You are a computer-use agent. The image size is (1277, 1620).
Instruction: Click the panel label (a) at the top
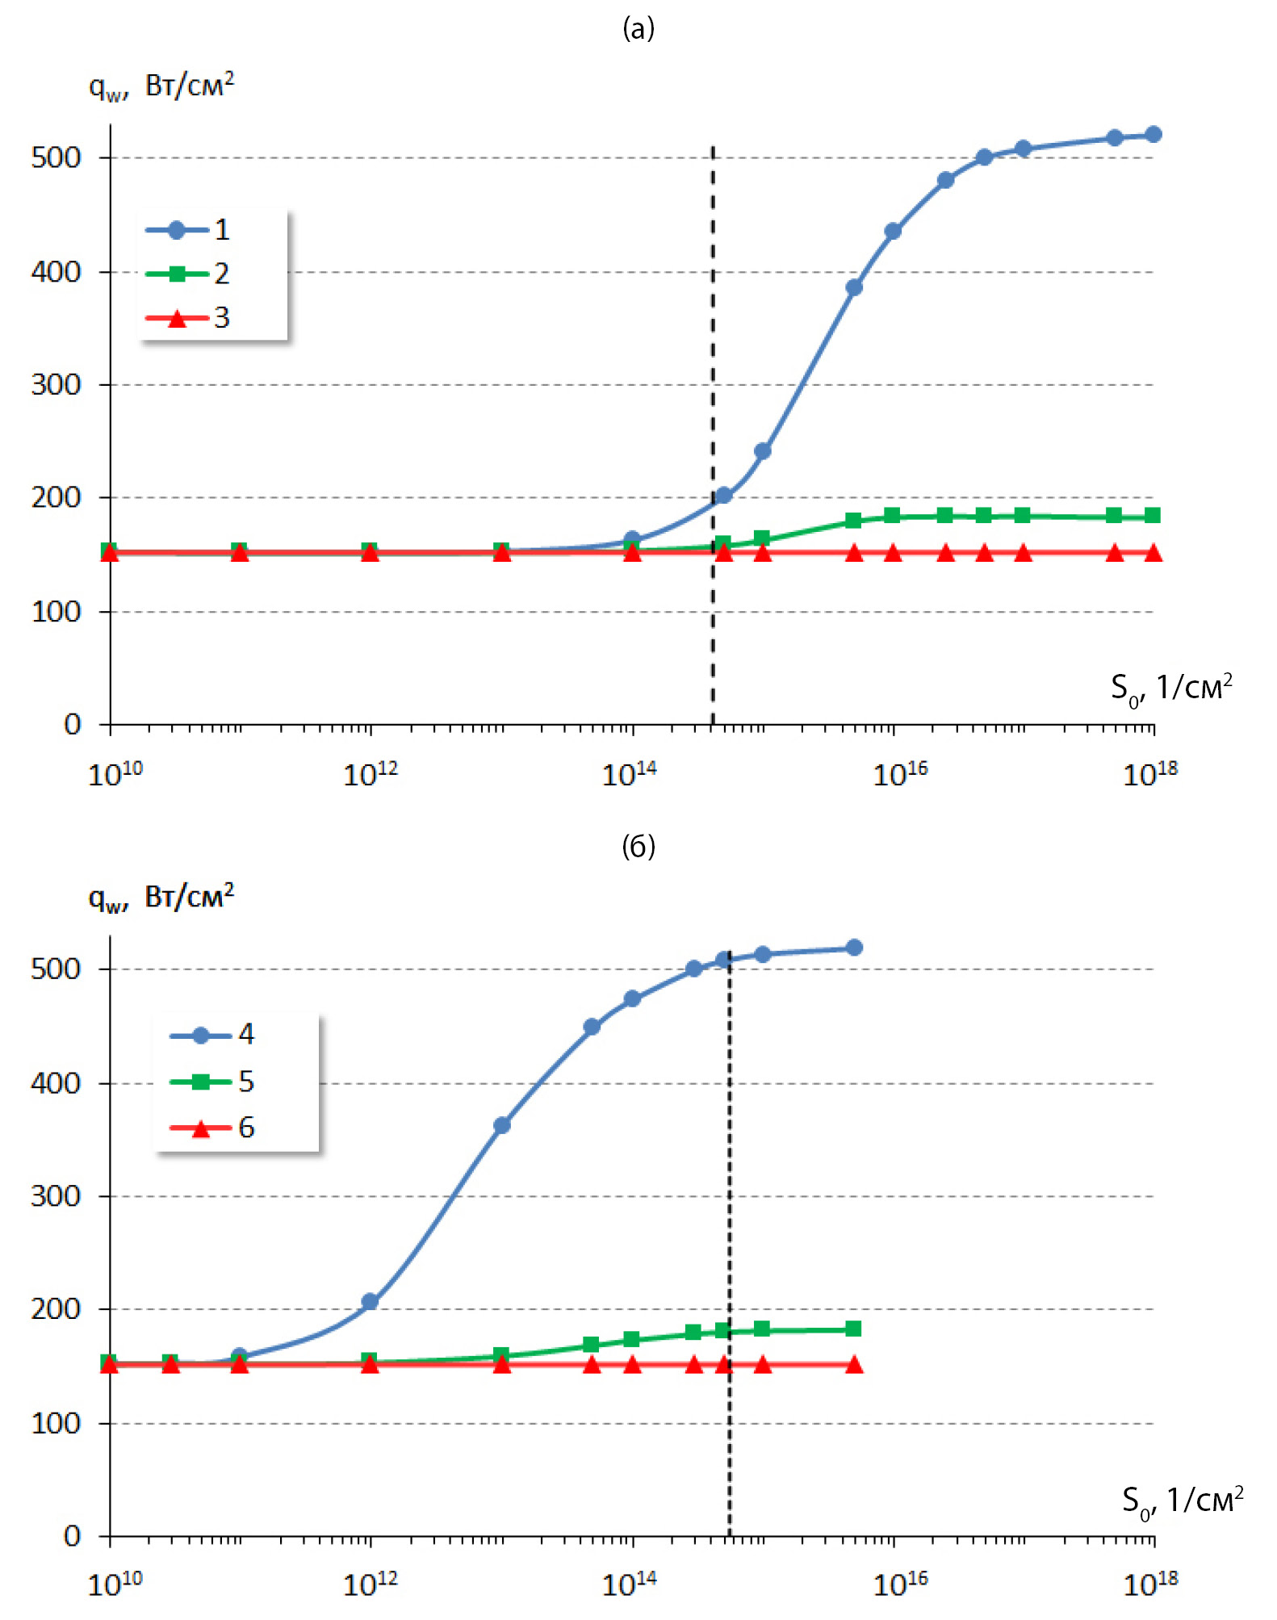click(x=638, y=29)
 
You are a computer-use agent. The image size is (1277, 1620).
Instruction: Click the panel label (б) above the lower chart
click(x=638, y=846)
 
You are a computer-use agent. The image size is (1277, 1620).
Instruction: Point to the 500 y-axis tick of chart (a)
click(x=57, y=157)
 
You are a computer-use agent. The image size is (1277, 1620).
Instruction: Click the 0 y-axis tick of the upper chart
click(x=73, y=724)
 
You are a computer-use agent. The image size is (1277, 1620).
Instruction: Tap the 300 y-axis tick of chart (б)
click(x=57, y=1195)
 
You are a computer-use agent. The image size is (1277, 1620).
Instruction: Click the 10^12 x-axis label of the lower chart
click(x=371, y=1584)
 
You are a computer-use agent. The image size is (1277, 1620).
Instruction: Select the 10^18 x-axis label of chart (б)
click(x=1150, y=1584)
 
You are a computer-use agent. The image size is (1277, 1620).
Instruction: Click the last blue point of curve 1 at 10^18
click(x=1153, y=135)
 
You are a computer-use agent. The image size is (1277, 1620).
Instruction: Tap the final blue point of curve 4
click(x=854, y=948)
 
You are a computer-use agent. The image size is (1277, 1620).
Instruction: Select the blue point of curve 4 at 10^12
click(x=370, y=1301)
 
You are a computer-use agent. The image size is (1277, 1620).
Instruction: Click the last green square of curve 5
click(x=854, y=1329)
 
